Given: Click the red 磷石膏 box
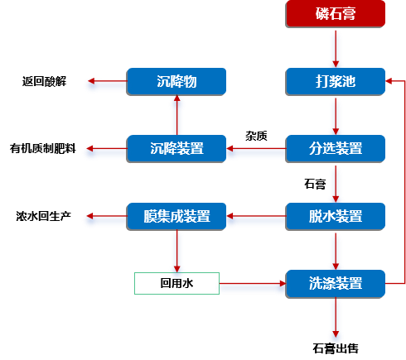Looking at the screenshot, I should pyautogui.click(x=336, y=13).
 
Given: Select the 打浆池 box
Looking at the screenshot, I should pyautogui.click(x=336, y=81).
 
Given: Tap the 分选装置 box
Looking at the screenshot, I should pyautogui.click(x=336, y=148).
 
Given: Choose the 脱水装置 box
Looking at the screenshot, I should pyautogui.click(x=336, y=216).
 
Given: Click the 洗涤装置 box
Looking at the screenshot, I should pyautogui.click(x=336, y=283).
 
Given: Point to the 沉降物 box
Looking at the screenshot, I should pyautogui.click(x=176, y=81).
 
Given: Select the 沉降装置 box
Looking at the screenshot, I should pyautogui.click(x=176, y=148).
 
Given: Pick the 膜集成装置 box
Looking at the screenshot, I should pyautogui.click(x=176, y=216).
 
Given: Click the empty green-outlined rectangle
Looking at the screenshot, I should pyautogui.click(x=176, y=283).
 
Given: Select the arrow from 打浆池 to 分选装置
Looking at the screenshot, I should pyautogui.click(x=336, y=115).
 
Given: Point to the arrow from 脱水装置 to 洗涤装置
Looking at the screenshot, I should pyautogui.click(x=336, y=250).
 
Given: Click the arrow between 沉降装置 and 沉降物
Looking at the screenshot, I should pyautogui.click(x=176, y=115).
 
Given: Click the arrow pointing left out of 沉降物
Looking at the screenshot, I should pyautogui.click(x=105, y=84).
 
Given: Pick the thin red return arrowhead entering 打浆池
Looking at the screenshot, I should pyautogui.click(x=391, y=81).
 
